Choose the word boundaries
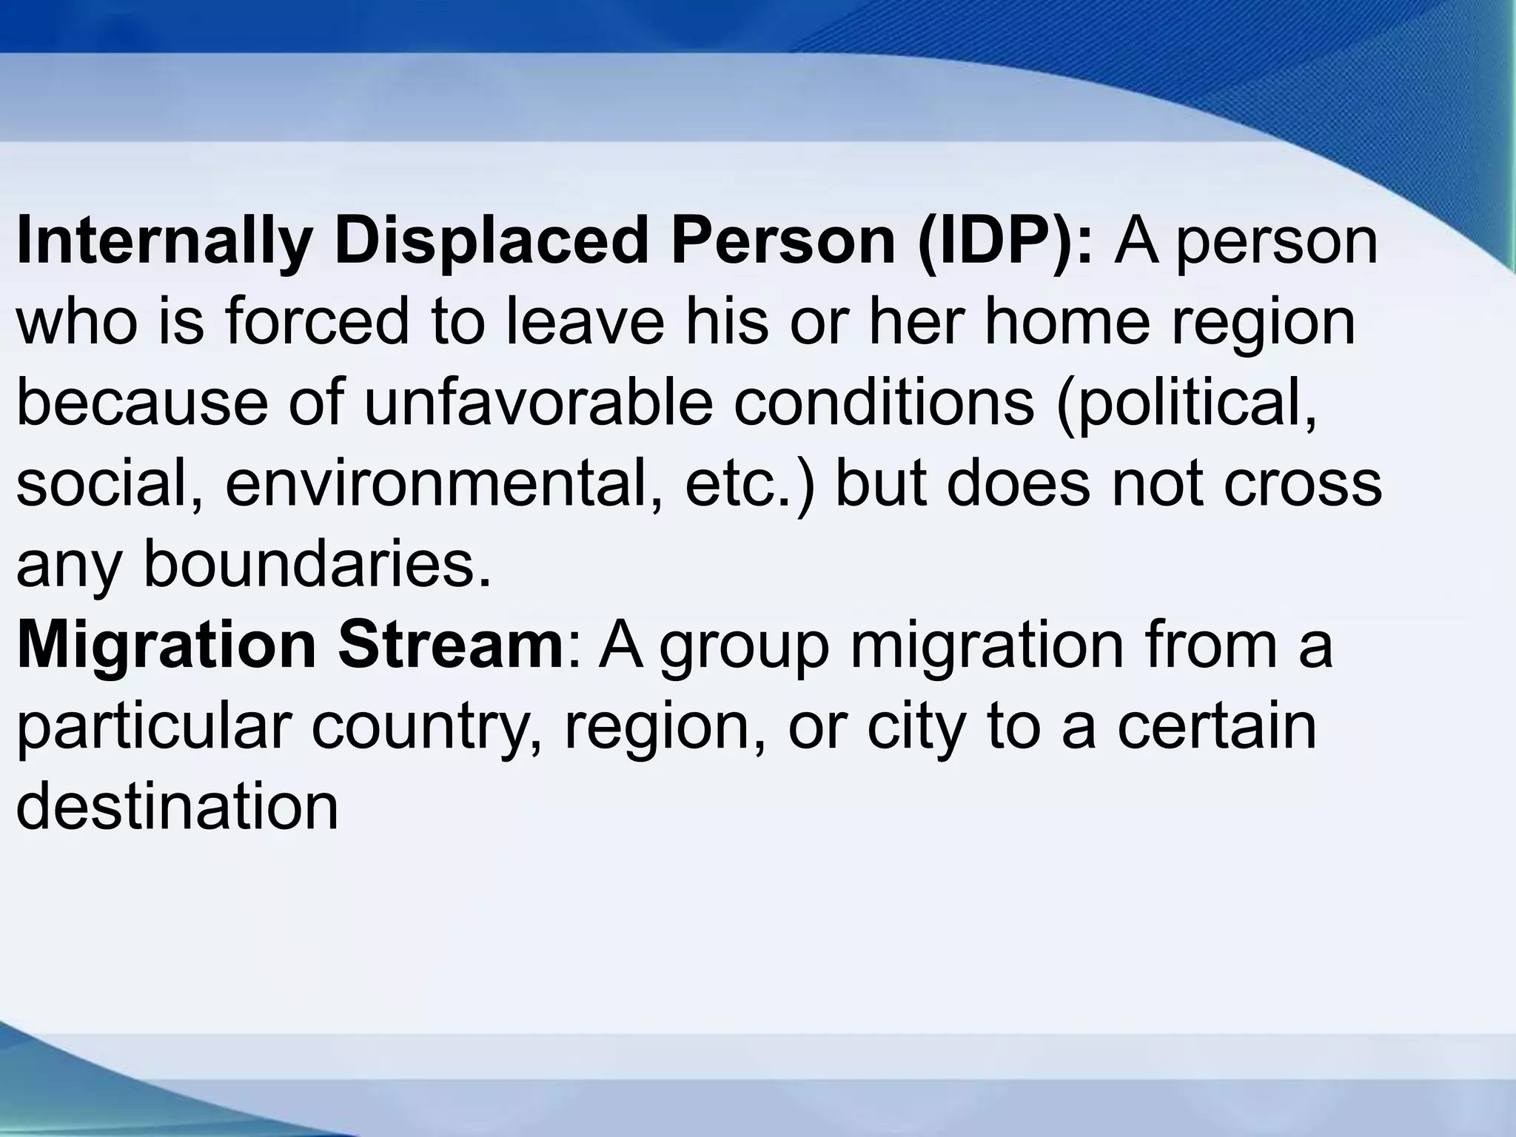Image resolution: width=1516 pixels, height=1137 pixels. pyautogui.click(x=317, y=565)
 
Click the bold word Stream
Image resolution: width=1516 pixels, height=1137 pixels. pyautogui.click(x=451, y=645)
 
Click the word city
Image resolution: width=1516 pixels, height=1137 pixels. pyautogui.click(x=916, y=727)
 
